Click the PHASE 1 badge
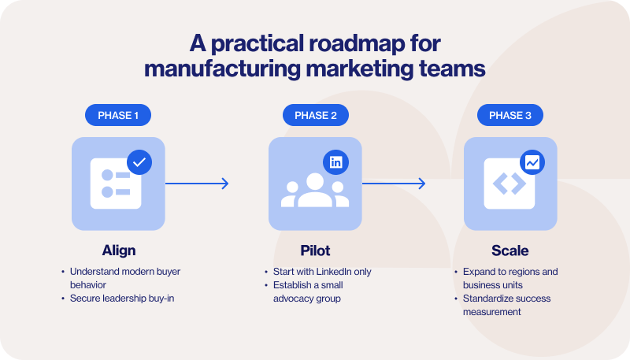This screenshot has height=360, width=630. [118, 116]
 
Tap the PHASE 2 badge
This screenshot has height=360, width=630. [315, 116]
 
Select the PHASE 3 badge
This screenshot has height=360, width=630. [510, 116]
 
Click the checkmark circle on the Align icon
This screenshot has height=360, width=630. [139, 162]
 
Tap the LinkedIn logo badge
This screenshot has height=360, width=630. [336, 162]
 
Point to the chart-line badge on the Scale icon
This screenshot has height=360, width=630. [532, 162]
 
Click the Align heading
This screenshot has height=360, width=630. [118, 251]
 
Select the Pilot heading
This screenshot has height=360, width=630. [315, 251]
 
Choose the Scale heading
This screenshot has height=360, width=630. [510, 251]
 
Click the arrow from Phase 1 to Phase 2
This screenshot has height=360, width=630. [197, 184]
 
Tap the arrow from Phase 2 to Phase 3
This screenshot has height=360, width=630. [394, 184]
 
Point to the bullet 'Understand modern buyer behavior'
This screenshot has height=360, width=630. [126, 278]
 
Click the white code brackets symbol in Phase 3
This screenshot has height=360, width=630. [510, 184]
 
